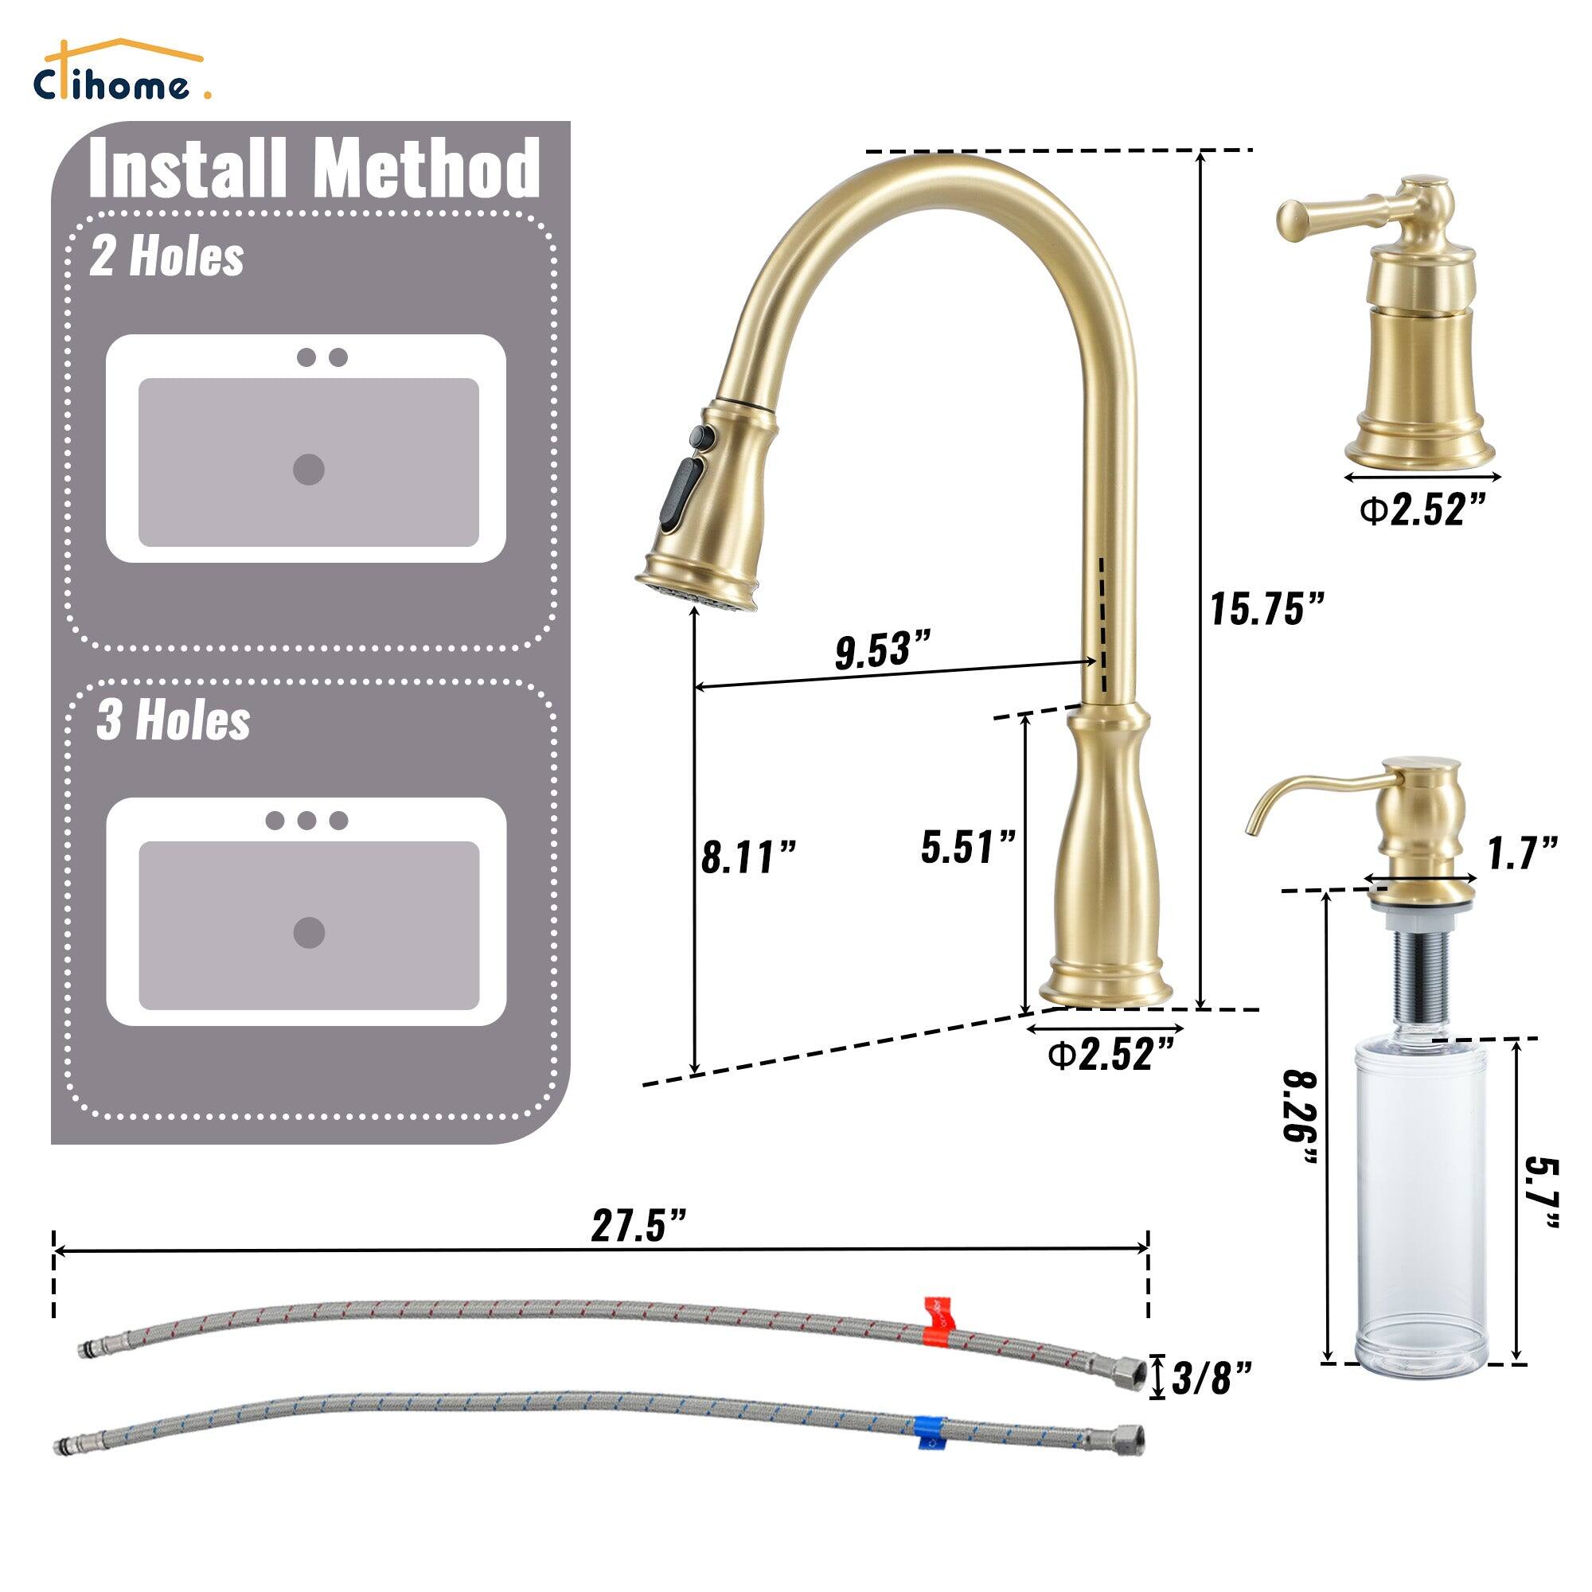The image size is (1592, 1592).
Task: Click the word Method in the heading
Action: coord(426,169)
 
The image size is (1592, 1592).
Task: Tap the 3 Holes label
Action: coord(173,720)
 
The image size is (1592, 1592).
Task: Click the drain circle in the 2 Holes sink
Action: coord(309,470)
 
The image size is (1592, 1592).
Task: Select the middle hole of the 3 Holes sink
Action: coord(306,821)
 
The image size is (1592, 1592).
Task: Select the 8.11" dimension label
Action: coord(748,857)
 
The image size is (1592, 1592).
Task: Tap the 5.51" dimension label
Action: coord(968,847)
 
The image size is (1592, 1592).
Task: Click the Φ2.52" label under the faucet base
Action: coord(1110,1055)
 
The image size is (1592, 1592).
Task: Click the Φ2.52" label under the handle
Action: coord(1423,511)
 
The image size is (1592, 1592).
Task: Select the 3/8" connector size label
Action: coord(1212,1378)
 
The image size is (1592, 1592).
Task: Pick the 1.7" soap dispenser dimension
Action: coord(1522,853)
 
